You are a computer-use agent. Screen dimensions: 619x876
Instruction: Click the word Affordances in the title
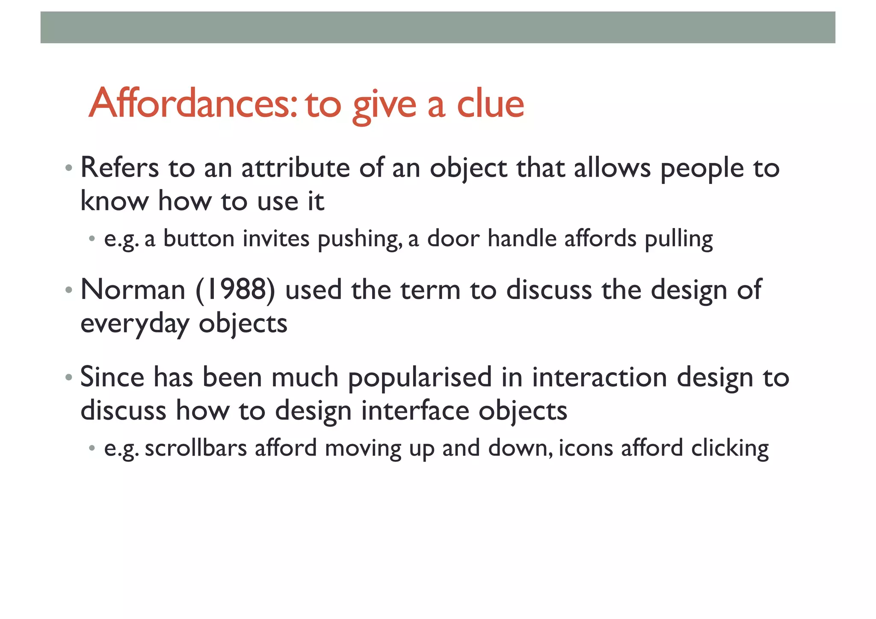click(192, 104)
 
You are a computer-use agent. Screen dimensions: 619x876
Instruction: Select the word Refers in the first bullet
click(119, 168)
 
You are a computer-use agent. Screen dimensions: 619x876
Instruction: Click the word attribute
click(296, 168)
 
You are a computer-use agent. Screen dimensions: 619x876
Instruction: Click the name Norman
click(133, 290)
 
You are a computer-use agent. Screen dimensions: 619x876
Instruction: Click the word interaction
click(599, 377)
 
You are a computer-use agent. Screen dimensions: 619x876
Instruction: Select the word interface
click(415, 411)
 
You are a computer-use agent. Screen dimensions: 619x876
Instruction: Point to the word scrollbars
click(196, 448)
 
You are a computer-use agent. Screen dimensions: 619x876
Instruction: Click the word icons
click(586, 448)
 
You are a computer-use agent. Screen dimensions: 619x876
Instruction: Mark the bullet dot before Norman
click(69, 290)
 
